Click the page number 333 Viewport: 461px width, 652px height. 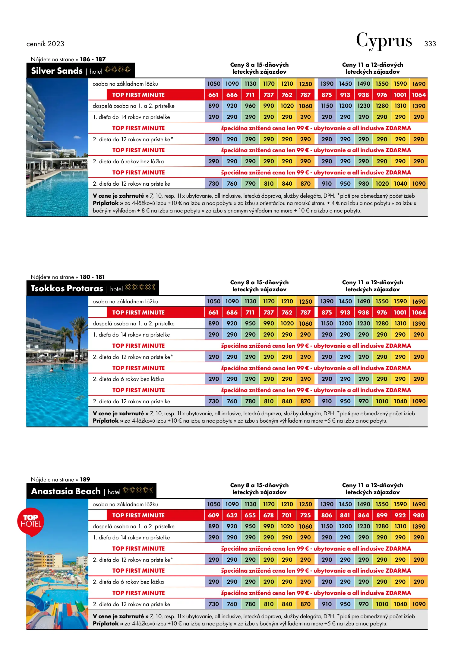coord(430,44)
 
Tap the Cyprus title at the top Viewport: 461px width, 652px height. coord(384,41)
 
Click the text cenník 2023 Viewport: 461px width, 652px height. coord(45,44)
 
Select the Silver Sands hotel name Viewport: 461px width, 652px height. coord(57,71)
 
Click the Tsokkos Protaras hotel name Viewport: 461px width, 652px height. coord(67,289)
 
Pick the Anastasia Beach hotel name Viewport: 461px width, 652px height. coord(66,491)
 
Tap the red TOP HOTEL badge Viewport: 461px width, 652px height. coord(31,521)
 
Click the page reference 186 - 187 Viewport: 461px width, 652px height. coord(93,59)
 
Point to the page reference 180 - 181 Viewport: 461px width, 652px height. coord(92,277)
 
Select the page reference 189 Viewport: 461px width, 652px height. coord(85,480)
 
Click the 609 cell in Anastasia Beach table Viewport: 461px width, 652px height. coord(213,515)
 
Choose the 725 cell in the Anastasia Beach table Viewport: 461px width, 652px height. coord(305,515)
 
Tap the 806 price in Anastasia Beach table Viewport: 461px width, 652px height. coord(327,515)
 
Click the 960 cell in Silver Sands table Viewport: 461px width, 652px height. coord(250,106)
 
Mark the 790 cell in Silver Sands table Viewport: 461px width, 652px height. coord(250,184)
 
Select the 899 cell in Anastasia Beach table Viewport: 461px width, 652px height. coord(382,515)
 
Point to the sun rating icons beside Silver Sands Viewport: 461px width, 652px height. coord(118,70)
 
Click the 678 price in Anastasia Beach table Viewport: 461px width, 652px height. coord(268,515)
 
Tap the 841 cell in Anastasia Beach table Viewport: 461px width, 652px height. coord(345,515)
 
